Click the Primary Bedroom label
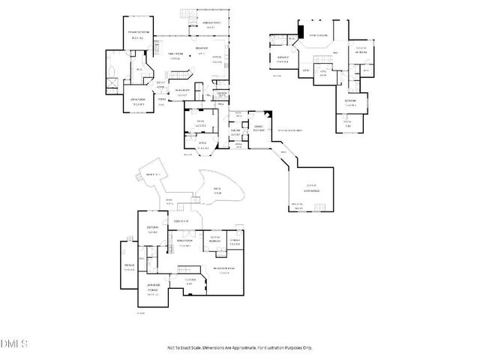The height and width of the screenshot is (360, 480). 136,34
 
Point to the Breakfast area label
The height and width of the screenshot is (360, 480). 201,49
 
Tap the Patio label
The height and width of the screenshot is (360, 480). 217,189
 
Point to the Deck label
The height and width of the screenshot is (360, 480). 158,175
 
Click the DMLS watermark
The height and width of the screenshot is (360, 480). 13,344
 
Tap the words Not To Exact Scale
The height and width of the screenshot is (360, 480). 187,348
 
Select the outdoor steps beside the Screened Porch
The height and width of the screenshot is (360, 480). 187,13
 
